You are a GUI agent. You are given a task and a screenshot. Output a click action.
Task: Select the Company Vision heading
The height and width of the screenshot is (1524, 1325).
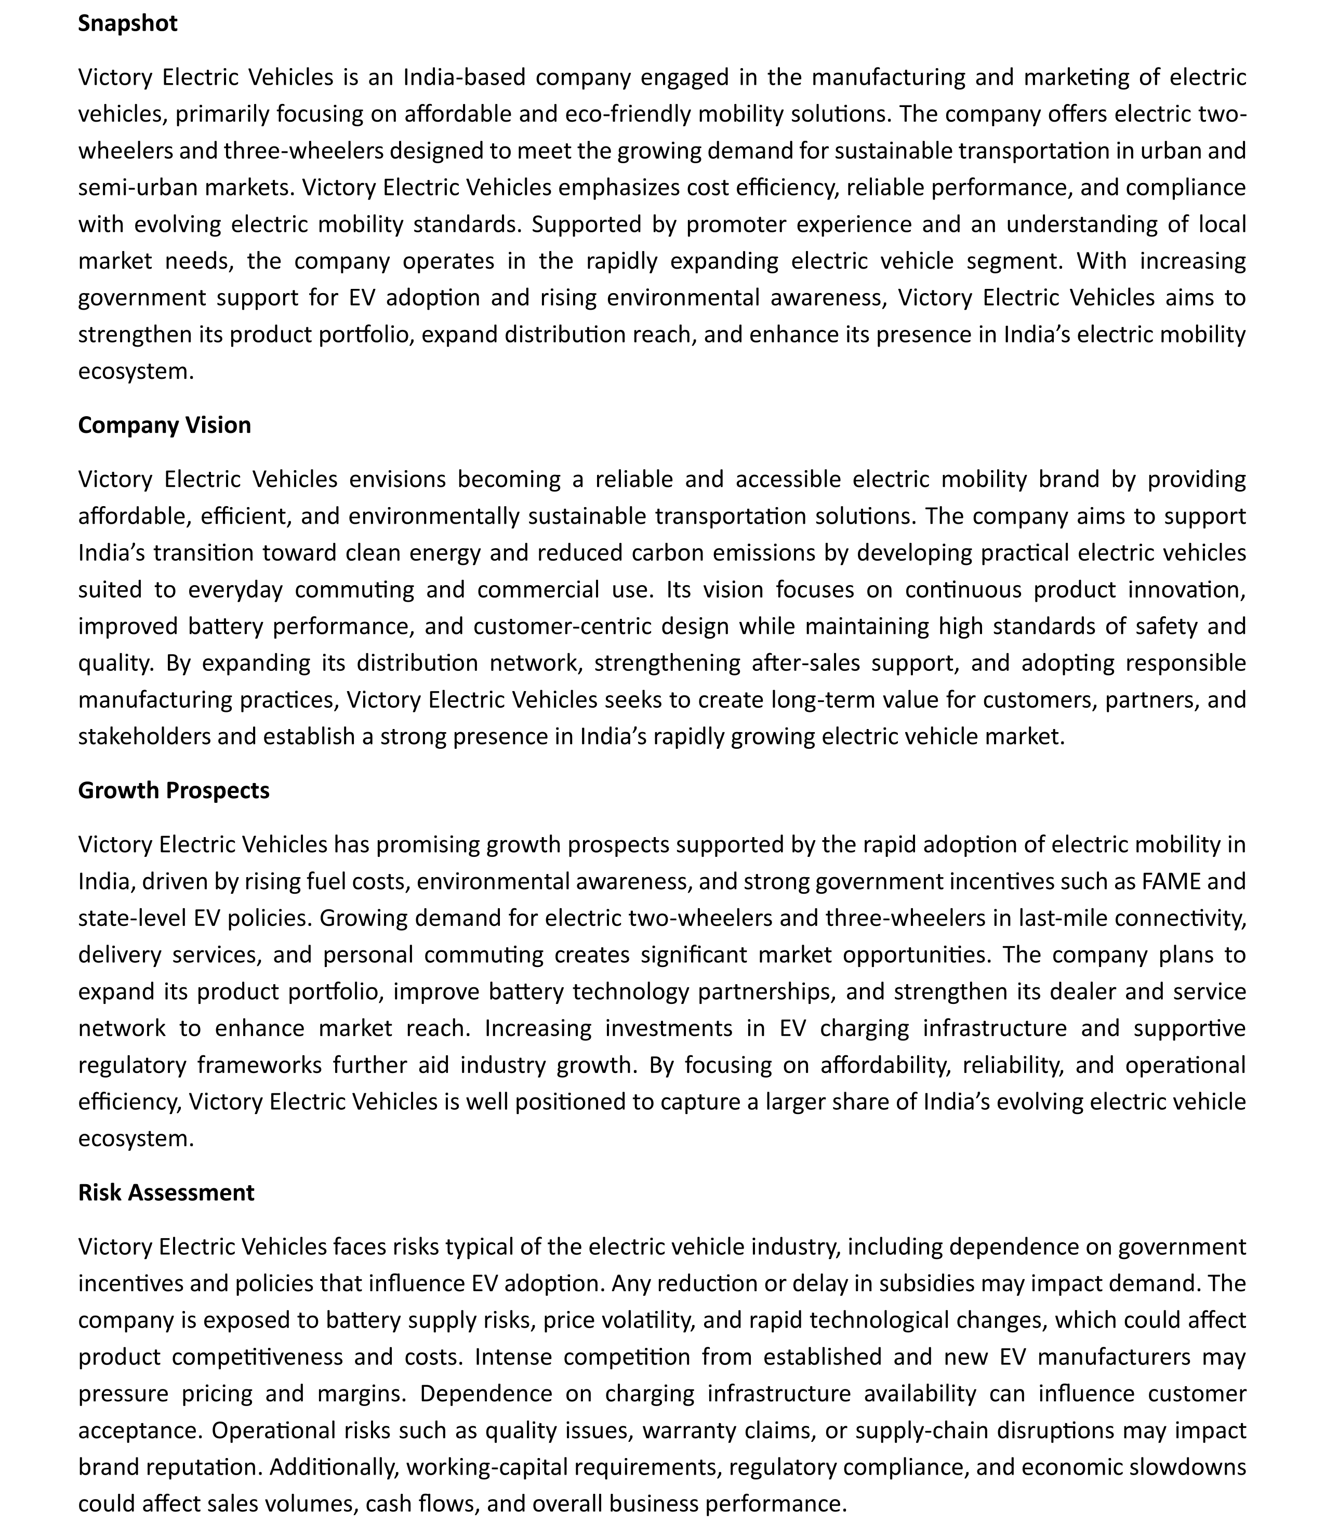[164, 425]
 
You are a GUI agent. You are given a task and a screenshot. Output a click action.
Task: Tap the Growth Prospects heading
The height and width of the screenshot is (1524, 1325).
[174, 790]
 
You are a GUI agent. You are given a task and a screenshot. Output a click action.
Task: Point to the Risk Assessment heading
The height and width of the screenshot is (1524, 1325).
[166, 1192]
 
